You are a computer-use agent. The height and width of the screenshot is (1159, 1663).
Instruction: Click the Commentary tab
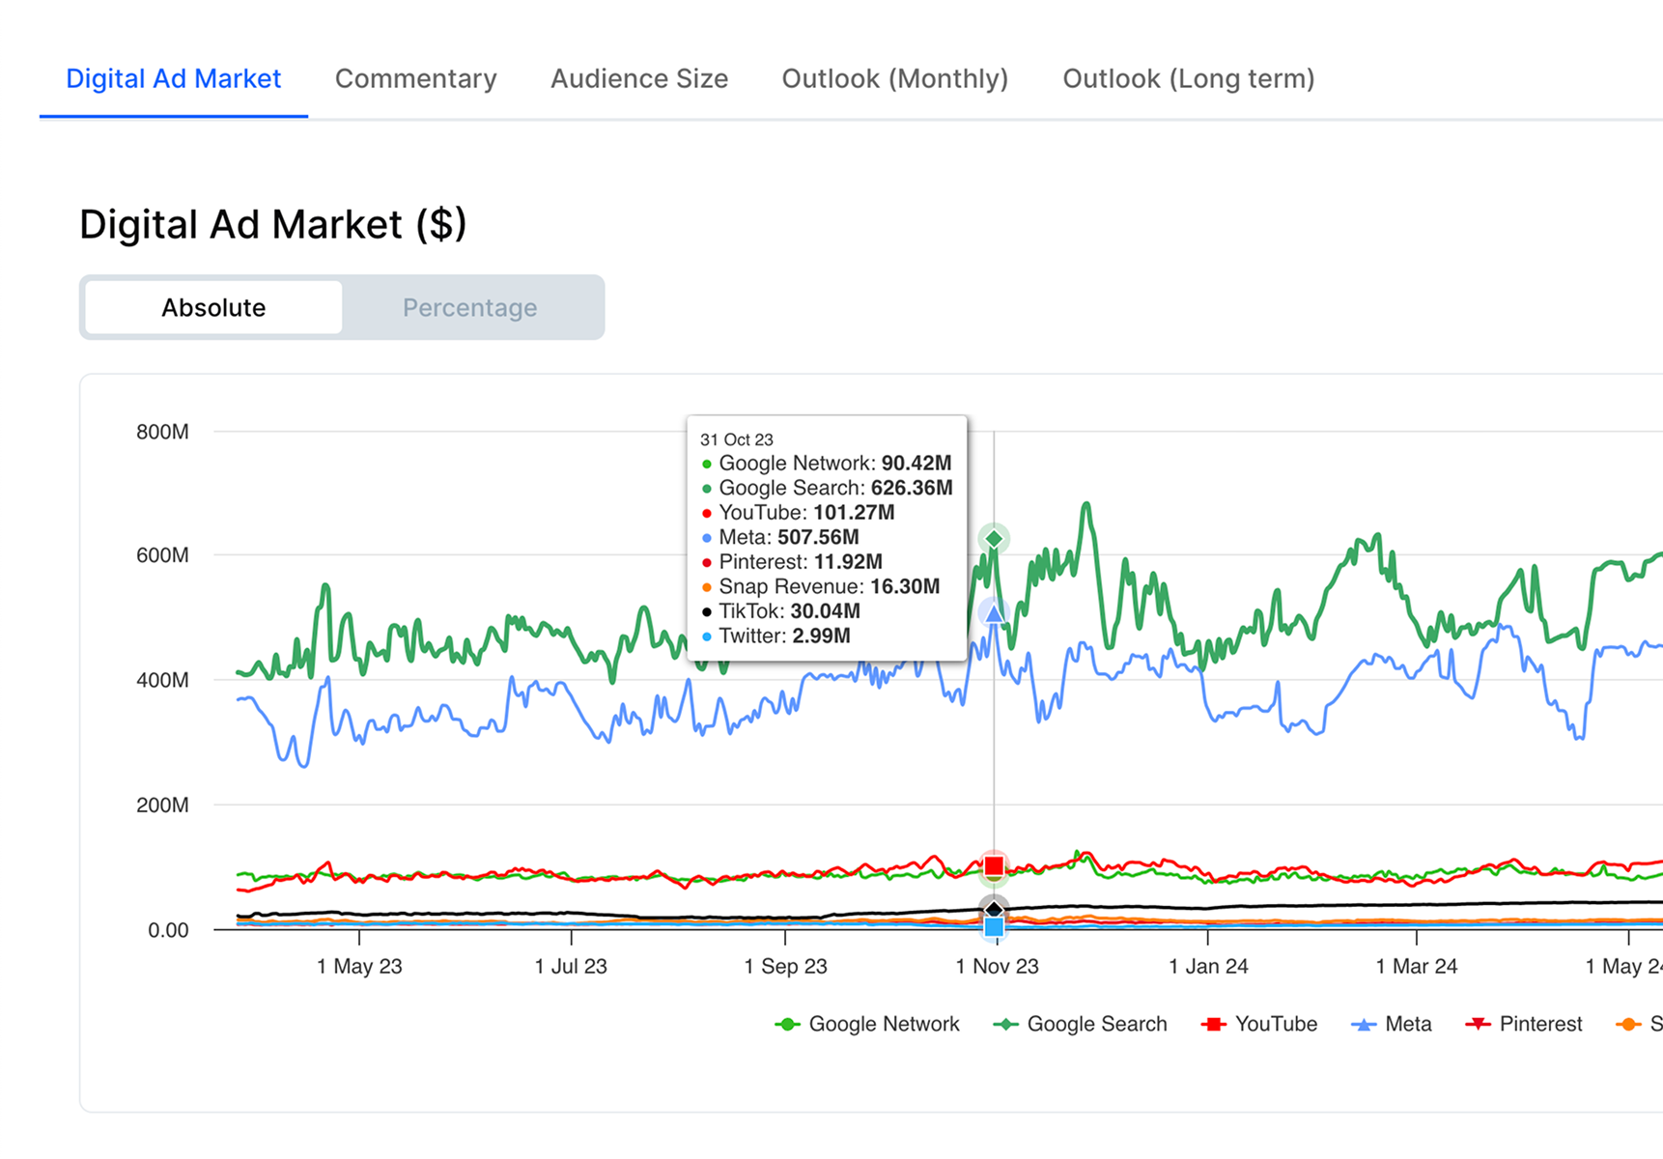point(415,79)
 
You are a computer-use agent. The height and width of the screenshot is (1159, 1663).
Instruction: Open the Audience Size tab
point(638,79)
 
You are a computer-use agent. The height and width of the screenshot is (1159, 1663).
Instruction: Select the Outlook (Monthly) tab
point(894,79)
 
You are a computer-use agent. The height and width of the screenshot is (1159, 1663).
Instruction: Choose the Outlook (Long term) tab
point(1188,79)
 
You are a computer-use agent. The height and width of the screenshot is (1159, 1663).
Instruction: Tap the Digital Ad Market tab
point(174,79)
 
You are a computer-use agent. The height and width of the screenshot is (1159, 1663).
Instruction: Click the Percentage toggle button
point(469,308)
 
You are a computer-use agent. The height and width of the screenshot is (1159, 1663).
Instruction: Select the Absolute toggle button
point(213,308)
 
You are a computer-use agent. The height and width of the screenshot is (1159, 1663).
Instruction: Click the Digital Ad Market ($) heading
point(272,225)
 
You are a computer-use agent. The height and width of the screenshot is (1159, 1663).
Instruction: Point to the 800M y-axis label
point(162,432)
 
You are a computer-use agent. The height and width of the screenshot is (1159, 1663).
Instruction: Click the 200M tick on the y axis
point(162,806)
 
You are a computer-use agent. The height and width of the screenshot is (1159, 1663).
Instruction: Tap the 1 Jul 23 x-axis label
point(571,967)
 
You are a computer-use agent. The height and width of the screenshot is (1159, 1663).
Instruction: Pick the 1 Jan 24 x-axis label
point(1208,967)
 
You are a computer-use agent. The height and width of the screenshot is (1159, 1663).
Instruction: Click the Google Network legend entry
point(867,1025)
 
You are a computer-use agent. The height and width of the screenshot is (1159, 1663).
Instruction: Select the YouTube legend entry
point(1259,1025)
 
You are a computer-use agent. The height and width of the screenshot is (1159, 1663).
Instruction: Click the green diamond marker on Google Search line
point(994,538)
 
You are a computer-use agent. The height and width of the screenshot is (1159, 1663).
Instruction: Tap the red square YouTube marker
point(994,865)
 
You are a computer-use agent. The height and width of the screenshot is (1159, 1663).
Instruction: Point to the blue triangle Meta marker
point(994,613)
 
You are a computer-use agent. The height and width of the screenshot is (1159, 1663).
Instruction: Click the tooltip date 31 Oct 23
point(736,439)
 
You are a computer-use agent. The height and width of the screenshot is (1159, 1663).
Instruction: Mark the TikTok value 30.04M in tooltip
point(825,611)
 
